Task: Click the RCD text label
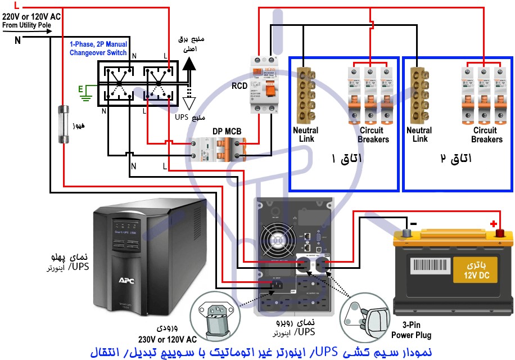240,87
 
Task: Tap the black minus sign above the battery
413,224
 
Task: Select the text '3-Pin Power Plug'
412,331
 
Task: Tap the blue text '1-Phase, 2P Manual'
98,44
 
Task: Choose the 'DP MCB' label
227,132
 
